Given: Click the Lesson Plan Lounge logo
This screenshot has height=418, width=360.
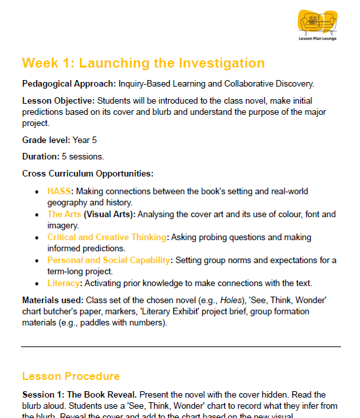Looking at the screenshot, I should [x=317, y=24].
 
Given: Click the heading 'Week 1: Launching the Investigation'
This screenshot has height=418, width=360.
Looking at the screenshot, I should [x=143, y=63].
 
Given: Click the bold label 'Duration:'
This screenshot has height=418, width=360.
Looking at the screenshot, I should [x=41, y=157].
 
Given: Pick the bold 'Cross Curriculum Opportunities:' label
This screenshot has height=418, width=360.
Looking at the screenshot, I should [x=88, y=173].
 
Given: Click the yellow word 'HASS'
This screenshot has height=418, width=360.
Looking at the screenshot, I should [x=58, y=191].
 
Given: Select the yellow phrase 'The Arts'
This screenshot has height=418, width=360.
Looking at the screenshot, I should [x=64, y=214].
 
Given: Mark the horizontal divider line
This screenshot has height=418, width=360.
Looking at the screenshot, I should [x=180, y=346].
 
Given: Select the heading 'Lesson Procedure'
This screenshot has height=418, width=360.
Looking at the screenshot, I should [x=71, y=376].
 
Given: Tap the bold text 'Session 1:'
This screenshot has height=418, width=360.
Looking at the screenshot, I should [x=43, y=394].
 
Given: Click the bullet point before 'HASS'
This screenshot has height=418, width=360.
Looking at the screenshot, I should [x=37, y=192].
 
